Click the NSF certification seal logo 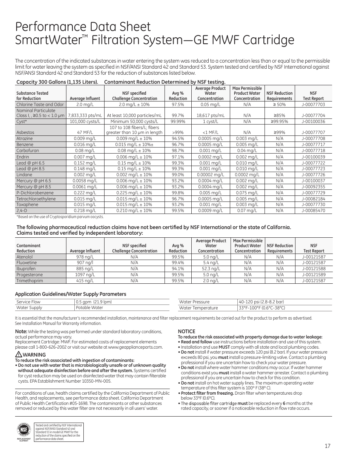click(24, 431)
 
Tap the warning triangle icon click(18, 354)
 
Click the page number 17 click(327, 446)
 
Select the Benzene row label click(25, 145)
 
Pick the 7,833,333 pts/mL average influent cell click(85, 115)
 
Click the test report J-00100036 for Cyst click(313, 121)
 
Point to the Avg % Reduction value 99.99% click(178, 121)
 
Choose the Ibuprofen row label click(26, 269)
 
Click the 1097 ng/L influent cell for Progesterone click(85, 275)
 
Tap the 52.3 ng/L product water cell click(211, 269)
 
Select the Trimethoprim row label click(29, 281)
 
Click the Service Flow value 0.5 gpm click(94, 302)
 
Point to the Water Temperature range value click(262, 308)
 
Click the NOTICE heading click(186, 332)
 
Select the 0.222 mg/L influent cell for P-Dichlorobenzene click(85, 193)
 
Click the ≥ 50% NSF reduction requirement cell click(279, 105)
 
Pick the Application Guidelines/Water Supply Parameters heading click(71, 294)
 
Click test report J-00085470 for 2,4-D click(313, 211)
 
